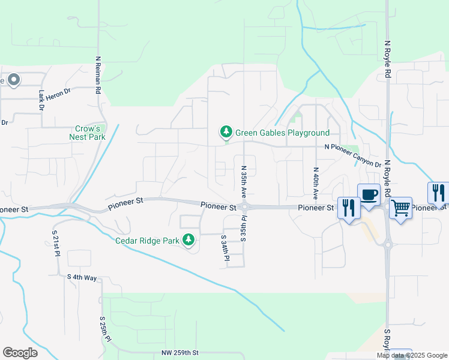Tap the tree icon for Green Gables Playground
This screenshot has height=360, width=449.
pyautogui.click(x=226, y=131)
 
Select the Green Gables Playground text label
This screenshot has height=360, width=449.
pyautogui.click(x=282, y=133)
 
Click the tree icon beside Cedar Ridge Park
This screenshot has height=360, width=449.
pyautogui.click(x=188, y=240)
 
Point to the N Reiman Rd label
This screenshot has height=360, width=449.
pyautogui.click(x=97, y=76)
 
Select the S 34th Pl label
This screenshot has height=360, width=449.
pyautogui.click(x=225, y=247)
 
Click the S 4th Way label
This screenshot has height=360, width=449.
pyautogui.click(x=82, y=277)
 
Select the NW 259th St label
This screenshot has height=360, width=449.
pyautogui.click(x=180, y=353)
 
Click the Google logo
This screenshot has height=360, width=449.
pyautogui.click(x=20, y=353)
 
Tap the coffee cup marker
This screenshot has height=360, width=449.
pyautogui.click(x=369, y=195)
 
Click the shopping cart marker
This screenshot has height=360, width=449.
pyautogui.click(x=400, y=208)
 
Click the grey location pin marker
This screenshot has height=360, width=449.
pyautogui.click(x=13, y=80)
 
